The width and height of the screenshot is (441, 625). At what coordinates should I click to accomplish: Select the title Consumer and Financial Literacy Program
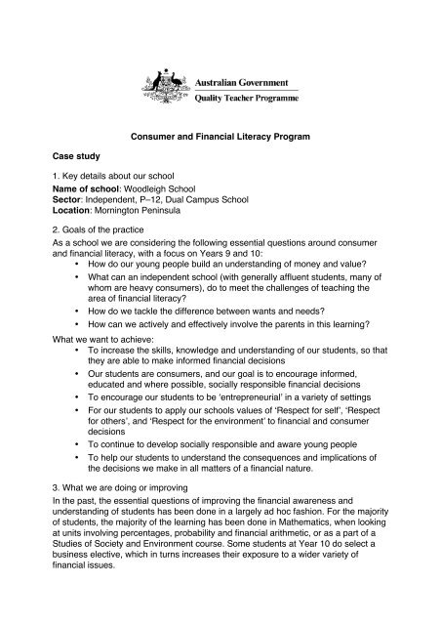point(220,139)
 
